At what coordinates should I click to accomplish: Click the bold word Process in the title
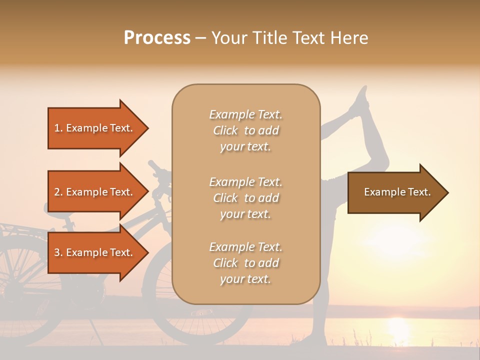coord(157,38)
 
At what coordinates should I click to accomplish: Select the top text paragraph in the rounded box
coord(245,130)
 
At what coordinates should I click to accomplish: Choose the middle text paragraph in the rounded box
coord(245,198)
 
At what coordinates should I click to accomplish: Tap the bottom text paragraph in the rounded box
coord(245,263)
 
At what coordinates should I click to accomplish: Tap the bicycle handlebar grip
coord(154,164)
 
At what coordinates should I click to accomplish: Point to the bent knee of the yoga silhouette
coord(382,160)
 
